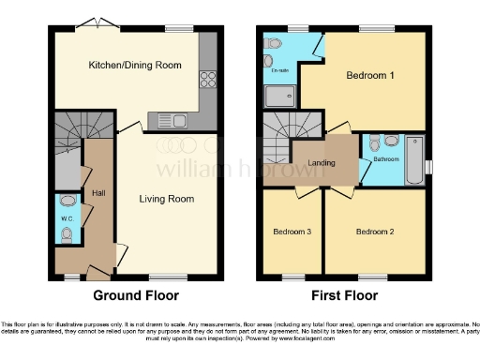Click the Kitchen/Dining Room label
click(x=134, y=66)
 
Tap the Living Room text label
click(x=167, y=199)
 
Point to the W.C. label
click(x=67, y=219)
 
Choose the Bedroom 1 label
click(x=368, y=75)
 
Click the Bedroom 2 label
click(x=376, y=231)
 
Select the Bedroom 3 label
click(x=292, y=231)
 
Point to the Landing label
click(x=322, y=161)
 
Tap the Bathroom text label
click(x=387, y=159)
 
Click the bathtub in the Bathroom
click(x=413, y=159)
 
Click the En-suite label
click(x=279, y=71)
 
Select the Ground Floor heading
click(x=136, y=295)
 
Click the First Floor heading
click(x=343, y=295)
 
